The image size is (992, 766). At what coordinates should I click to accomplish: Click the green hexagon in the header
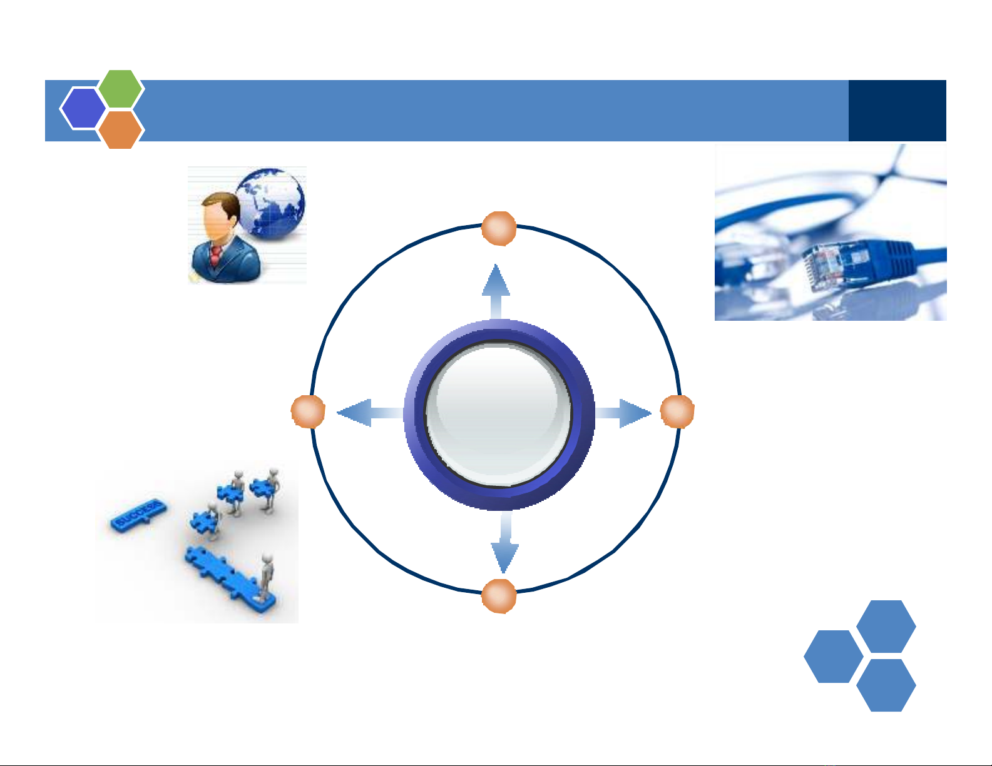click(121, 89)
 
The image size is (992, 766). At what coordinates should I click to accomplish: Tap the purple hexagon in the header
click(83, 108)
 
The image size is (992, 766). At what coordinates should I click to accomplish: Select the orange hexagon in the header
click(121, 129)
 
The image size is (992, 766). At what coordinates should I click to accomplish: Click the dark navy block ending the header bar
click(897, 111)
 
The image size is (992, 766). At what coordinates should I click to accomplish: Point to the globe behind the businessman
click(273, 203)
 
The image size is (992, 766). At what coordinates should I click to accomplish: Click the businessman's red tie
click(215, 256)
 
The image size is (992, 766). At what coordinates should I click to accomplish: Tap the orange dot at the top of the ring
click(499, 228)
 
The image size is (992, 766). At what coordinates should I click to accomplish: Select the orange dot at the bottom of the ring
click(499, 596)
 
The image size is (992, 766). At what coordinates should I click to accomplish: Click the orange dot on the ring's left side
click(308, 412)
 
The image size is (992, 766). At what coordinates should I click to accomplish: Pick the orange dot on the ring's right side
click(677, 412)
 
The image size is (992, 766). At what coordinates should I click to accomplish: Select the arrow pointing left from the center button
click(366, 413)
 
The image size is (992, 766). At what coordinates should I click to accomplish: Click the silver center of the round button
click(498, 414)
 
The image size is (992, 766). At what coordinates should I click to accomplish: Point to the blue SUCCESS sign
click(140, 513)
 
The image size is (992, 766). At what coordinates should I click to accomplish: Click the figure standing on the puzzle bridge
click(267, 574)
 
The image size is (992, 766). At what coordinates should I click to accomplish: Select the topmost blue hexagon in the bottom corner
click(886, 626)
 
